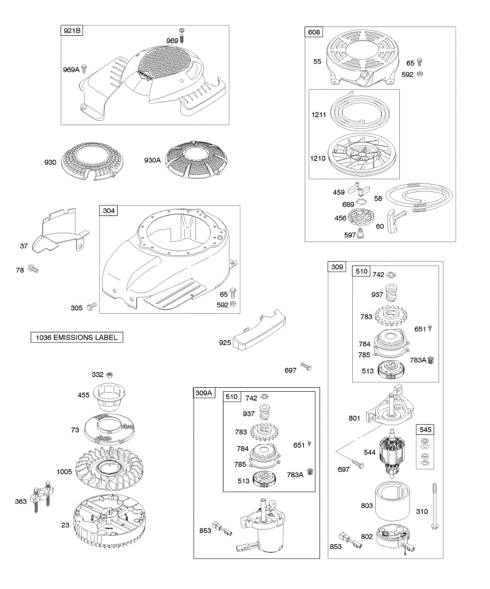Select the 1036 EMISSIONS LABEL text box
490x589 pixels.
point(76,337)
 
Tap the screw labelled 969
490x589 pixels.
point(182,35)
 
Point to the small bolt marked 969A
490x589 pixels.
point(84,69)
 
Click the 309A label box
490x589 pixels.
point(204,393)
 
